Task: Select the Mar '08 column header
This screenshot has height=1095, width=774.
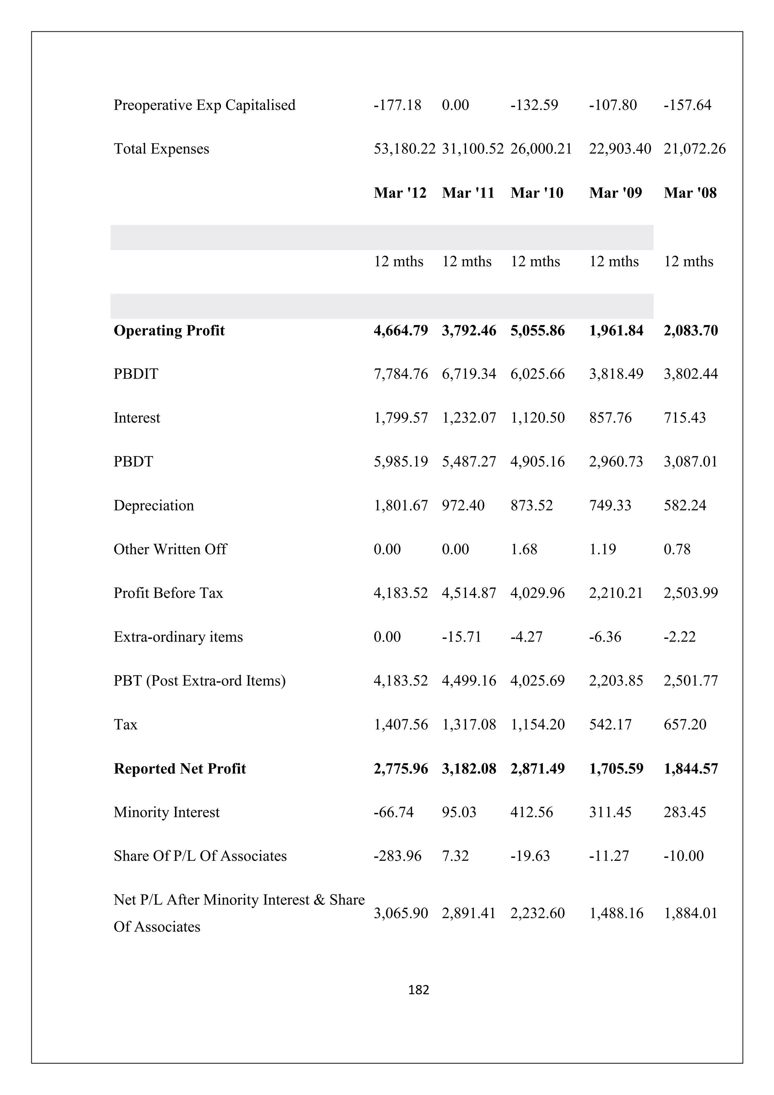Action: click(690, 193)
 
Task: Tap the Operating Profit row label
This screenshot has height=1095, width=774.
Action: click(169, 331)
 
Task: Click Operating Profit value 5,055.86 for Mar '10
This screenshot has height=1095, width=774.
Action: click(537, 331)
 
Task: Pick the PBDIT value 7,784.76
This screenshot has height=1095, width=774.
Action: click(400, 374)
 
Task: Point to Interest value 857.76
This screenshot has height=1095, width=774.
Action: click(610, 418)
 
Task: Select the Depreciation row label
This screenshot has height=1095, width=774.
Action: click(153, 506)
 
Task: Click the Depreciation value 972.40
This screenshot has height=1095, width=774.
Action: click(463, 506)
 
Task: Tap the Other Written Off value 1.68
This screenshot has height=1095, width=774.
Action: click(524, 549)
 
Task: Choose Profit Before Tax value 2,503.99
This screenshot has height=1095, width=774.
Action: click(690, 593)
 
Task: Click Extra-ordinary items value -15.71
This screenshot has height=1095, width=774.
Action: click(461, 637)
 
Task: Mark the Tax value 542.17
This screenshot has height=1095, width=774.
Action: click(610, 724)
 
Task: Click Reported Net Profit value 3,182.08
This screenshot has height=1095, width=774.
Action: click(468, 768)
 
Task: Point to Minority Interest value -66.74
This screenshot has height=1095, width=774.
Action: click(393, 812)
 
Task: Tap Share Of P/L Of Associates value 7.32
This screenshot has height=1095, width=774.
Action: click(455, 856)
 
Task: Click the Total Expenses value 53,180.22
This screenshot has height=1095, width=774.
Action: click(404, 149)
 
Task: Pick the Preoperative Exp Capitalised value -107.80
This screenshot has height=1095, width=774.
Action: click(612, 105)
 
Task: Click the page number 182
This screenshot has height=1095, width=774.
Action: click(419, 990)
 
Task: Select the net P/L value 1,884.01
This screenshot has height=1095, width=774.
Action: click(690, 913)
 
